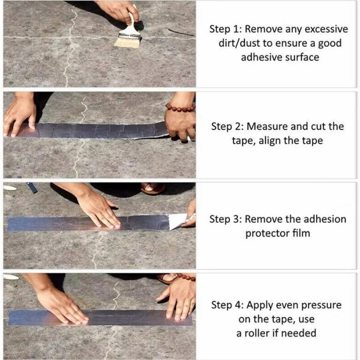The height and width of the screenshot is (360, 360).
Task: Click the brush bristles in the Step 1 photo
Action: [x=127, y=42]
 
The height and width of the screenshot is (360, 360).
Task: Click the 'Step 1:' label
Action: [x=227, y=29]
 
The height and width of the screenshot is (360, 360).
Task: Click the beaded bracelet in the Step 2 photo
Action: [x=180, y=108]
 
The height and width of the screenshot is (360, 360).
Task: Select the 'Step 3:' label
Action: [x=227, y=219]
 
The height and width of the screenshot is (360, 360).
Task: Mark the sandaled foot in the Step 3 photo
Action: [x=153, y=188]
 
